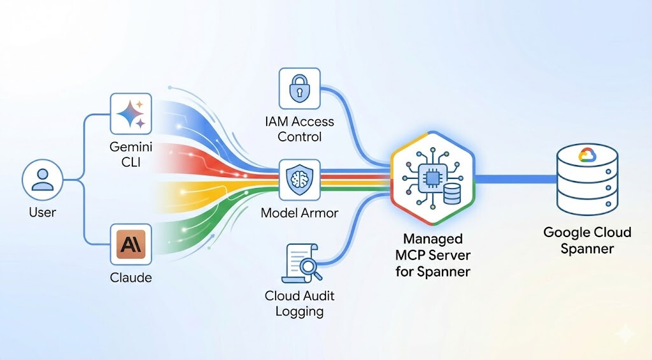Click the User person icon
(43, 179)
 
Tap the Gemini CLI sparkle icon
(131, 115)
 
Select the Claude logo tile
(131, 245)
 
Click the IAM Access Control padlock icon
(299, 89)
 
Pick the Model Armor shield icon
(299, 179)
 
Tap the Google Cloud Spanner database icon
(586, 179)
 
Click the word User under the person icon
(43, 212)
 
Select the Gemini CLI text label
(131, 155)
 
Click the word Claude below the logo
(131, 278)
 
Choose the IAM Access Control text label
(299, 129)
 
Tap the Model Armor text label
(299, 213)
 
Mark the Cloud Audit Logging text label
(299, 303)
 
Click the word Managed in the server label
(434, 239)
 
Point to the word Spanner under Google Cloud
(587, 248)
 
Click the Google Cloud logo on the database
(586, 155)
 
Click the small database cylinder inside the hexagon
(451, 192)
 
